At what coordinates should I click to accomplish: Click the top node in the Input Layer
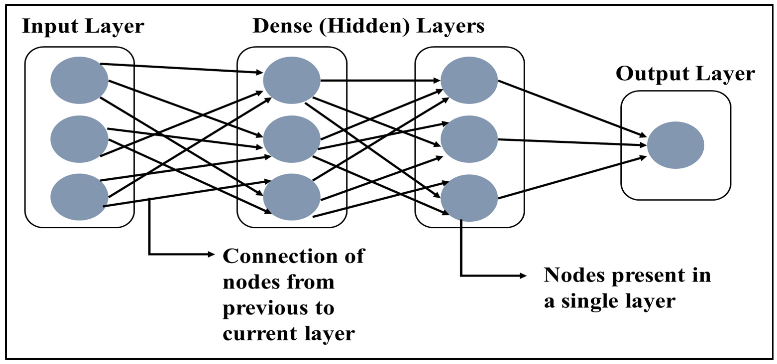(x=79, y=80)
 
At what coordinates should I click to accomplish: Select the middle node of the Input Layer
(x=79, y=139)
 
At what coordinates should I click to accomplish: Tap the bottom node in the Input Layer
(x=79, y=197)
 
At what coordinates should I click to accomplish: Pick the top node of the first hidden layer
(x=291, y=80)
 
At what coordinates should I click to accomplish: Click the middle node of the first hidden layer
(x=291, y=139)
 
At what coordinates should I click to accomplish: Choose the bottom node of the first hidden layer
(x=291, y=197)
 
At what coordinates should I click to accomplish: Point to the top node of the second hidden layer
(x=469, y=80)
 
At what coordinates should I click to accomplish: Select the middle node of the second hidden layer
(x=469, y=139)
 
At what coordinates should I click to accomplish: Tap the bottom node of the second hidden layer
(x=469, y=198)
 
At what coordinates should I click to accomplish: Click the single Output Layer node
(x=676, y=145)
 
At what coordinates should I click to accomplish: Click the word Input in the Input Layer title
(x=50, y=27)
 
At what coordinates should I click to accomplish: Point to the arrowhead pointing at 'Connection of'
(x=211, y=254)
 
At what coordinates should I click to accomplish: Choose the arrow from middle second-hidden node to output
(x=570, y=142)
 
